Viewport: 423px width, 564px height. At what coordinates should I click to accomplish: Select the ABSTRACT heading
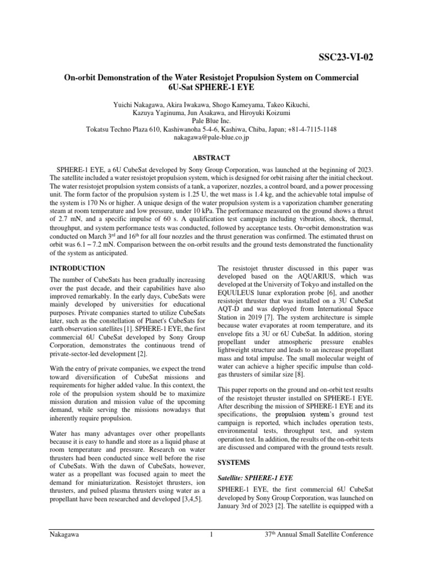point(211,157)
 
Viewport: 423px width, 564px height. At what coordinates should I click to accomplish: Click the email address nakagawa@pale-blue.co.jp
point(211,138)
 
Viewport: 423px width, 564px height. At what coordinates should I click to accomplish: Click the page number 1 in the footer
point(211,534)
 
